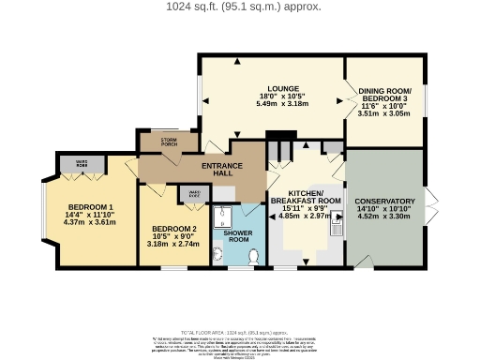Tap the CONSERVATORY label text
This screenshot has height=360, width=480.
[x=384, y=202]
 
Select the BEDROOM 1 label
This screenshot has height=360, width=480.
[x=91, y=208]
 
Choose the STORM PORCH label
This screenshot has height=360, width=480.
[x=169, y=142]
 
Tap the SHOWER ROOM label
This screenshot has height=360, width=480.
[x=238, y=238]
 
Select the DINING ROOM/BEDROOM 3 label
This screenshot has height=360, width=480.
[x=384, y=95]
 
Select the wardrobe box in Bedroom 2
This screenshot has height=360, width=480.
[x=194, y=194]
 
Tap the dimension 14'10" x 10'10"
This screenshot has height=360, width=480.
[x=384, y=209]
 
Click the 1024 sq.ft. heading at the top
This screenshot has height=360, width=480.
[x=240, y=7]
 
